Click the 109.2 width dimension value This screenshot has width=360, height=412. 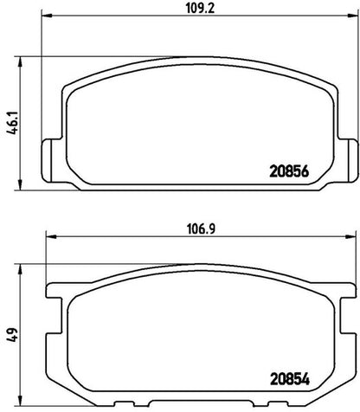click(200, 9)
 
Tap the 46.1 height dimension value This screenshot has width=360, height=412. click(14, 123)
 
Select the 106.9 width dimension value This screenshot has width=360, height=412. click(201, 229)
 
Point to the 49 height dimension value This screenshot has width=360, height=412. click(14, 335)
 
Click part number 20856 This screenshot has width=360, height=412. click(289, 171)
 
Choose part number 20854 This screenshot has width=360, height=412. click(290, 379)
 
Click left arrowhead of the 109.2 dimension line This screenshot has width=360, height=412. click(47, 15)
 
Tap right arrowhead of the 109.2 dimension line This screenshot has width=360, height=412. click(353, 15)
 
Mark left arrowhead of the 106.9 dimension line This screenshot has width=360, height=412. click(51, 236)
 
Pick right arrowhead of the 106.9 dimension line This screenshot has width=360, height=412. click(350, 236)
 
